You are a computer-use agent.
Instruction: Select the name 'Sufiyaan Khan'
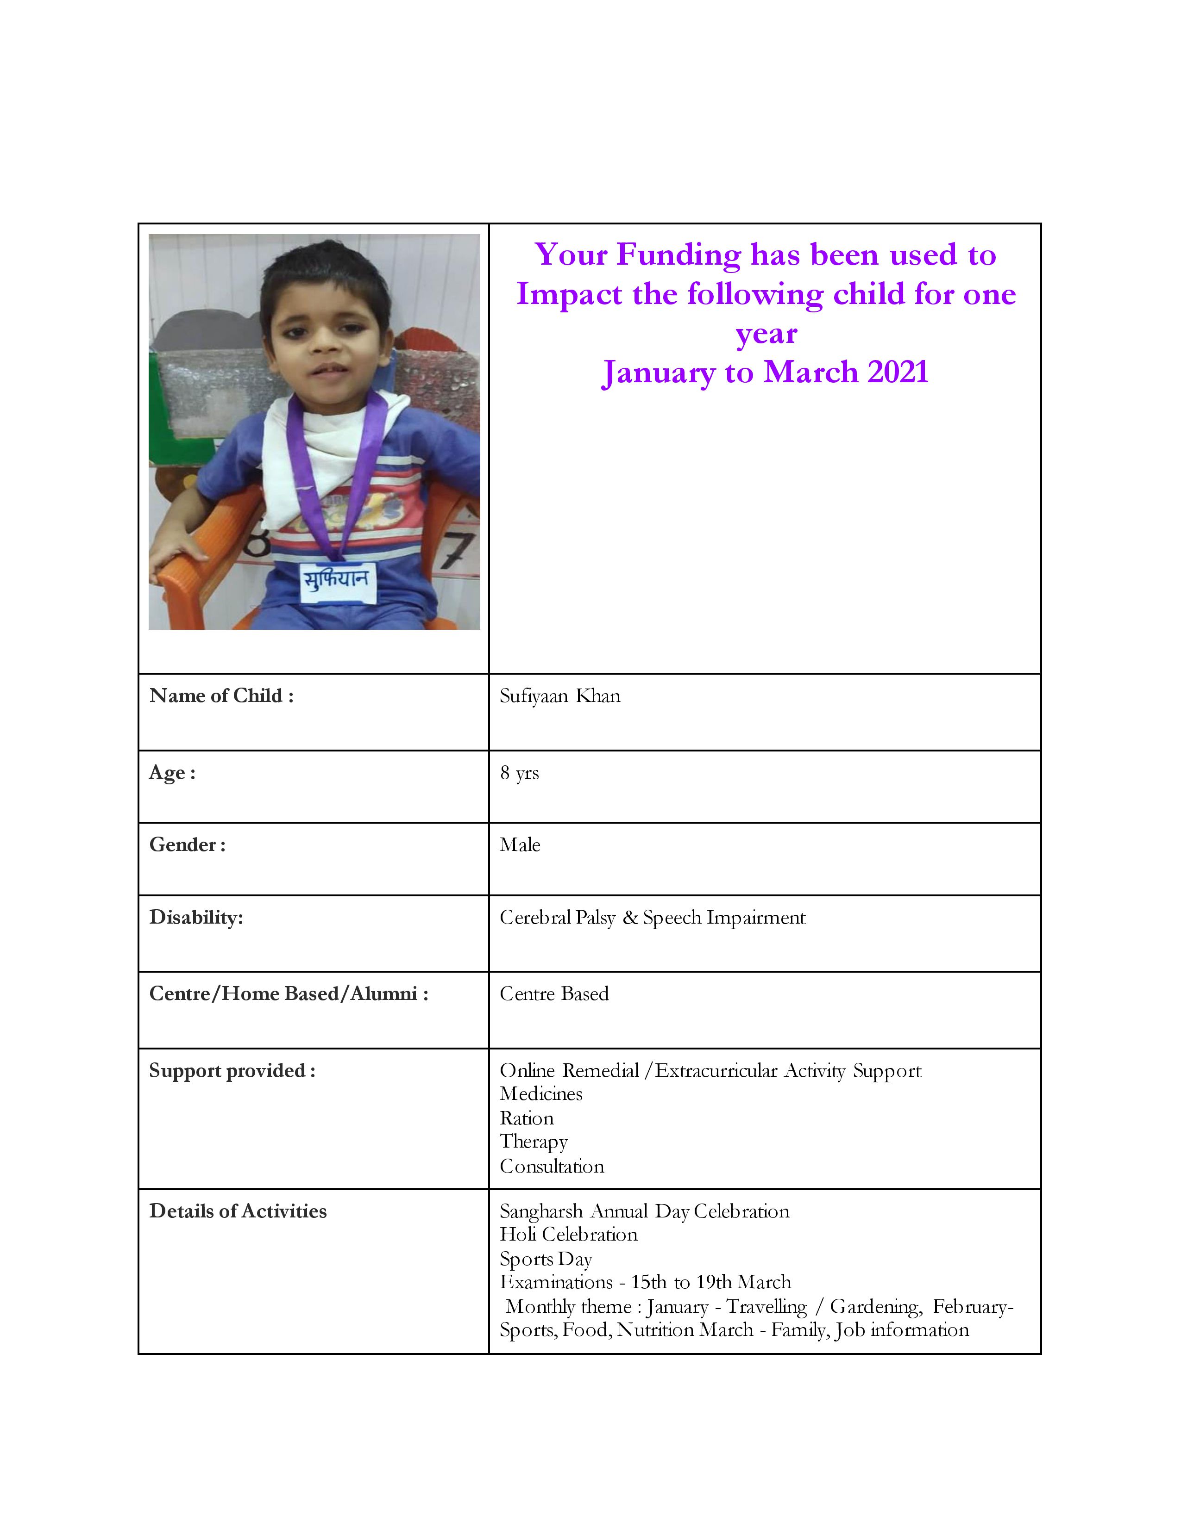click(560, 696)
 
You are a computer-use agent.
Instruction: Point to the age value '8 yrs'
click(519, 773)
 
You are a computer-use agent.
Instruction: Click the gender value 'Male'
click(520, 845)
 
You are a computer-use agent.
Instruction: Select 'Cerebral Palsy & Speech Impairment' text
click(652, 918)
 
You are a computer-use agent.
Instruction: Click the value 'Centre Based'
click(554, 994)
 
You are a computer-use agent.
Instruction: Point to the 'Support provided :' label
click(232, 1071)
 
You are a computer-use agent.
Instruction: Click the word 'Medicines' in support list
click(541, 1094)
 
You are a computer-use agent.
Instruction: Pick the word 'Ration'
click(526, 1119)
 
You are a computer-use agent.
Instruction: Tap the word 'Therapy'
click(533, 1142)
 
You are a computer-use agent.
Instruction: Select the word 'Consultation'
click(551, 1167)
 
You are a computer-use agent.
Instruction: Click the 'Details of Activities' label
click(238, 1212)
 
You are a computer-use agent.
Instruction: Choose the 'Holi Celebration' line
click(568, 1235)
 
